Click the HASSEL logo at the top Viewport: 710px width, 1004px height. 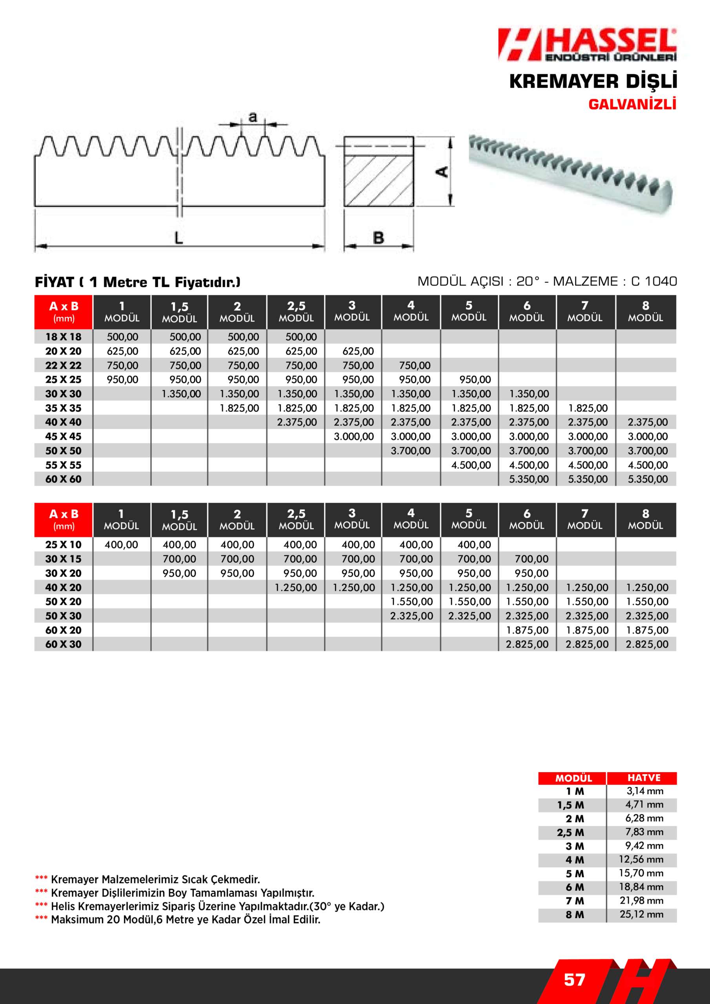click(587, 44)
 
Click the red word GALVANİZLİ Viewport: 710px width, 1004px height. click(632, 104)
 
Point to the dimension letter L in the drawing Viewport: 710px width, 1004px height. click(178, 238)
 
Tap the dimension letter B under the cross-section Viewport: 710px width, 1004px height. click(379, 238)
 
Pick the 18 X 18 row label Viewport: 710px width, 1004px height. click(64, 337)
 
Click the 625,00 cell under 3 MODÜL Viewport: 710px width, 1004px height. click(358, 351)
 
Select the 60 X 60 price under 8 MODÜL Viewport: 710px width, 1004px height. click(648, 479)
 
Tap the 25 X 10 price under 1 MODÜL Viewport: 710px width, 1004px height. click(121, 545)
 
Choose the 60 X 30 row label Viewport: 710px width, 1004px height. click(64, 644)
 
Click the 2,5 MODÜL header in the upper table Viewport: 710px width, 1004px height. click(296, 312)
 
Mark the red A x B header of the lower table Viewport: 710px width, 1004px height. click(64, 520)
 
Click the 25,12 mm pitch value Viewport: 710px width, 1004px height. click(641, 914)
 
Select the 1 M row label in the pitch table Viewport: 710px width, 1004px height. click(575, 791)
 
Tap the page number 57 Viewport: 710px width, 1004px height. click(574, 980)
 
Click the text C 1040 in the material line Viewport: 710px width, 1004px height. click(654, 281)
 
